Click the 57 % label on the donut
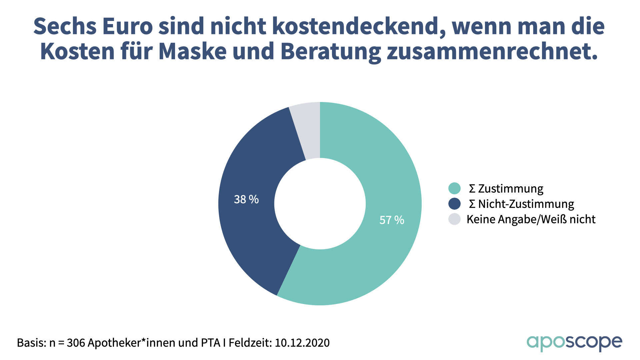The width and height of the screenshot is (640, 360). [x=392, y=220]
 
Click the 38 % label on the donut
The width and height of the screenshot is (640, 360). [x=246, y=199]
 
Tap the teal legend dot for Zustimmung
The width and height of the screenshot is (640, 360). [x=454, y=188]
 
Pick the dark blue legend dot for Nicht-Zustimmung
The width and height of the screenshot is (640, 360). [x=454, y=204]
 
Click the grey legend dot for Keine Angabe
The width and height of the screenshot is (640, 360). [x=454, y=219]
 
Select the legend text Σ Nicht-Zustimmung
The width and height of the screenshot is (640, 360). [x=521, y=204]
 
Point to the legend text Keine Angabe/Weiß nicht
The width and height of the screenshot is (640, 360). [x=531, y=219]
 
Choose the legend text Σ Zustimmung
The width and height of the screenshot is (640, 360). [x=506, y=188]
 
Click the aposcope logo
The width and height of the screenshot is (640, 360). [x=574, y=343]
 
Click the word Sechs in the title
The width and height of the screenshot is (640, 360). [x=65, y=26]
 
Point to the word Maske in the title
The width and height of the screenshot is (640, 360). [x=193, y=51]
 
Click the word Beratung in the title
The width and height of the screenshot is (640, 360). [x=331, y=52]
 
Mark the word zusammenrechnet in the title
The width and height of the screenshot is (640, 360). [x=492, y=51]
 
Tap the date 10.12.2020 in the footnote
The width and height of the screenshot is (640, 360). [x=302, y=343]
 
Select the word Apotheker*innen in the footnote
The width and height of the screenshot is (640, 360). [x=132, y=343]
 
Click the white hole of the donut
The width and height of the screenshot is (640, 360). [x=320, y=204]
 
